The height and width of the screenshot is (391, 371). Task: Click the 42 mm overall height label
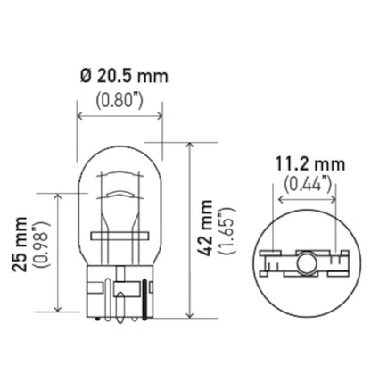[208, 230]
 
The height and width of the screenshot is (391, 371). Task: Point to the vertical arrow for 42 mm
[191, 229]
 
